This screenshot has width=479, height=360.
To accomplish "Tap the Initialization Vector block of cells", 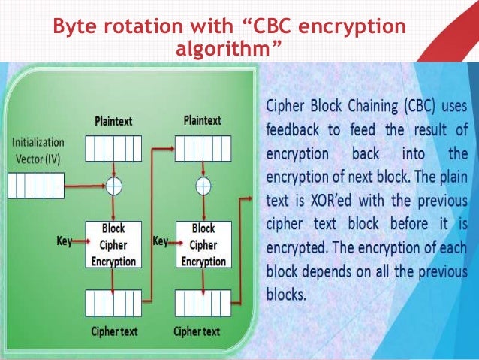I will [35, 185].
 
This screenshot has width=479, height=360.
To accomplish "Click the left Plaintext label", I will [114, 121].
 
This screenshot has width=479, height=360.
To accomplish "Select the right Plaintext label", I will [202, 120].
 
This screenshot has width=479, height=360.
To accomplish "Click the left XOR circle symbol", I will [113, 185].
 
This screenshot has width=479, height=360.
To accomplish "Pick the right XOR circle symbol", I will [202, 185].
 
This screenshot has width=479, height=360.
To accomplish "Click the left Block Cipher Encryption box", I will [113, 244].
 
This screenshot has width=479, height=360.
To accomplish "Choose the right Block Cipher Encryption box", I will [203, 244].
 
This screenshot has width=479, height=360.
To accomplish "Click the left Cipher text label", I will [114, 331].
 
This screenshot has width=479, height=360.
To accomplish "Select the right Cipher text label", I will [197, 331].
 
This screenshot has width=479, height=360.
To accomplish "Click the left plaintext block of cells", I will [113, 148].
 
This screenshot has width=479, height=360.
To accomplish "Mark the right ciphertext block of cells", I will [202, 303].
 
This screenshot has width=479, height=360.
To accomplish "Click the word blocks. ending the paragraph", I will [286, 292].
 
